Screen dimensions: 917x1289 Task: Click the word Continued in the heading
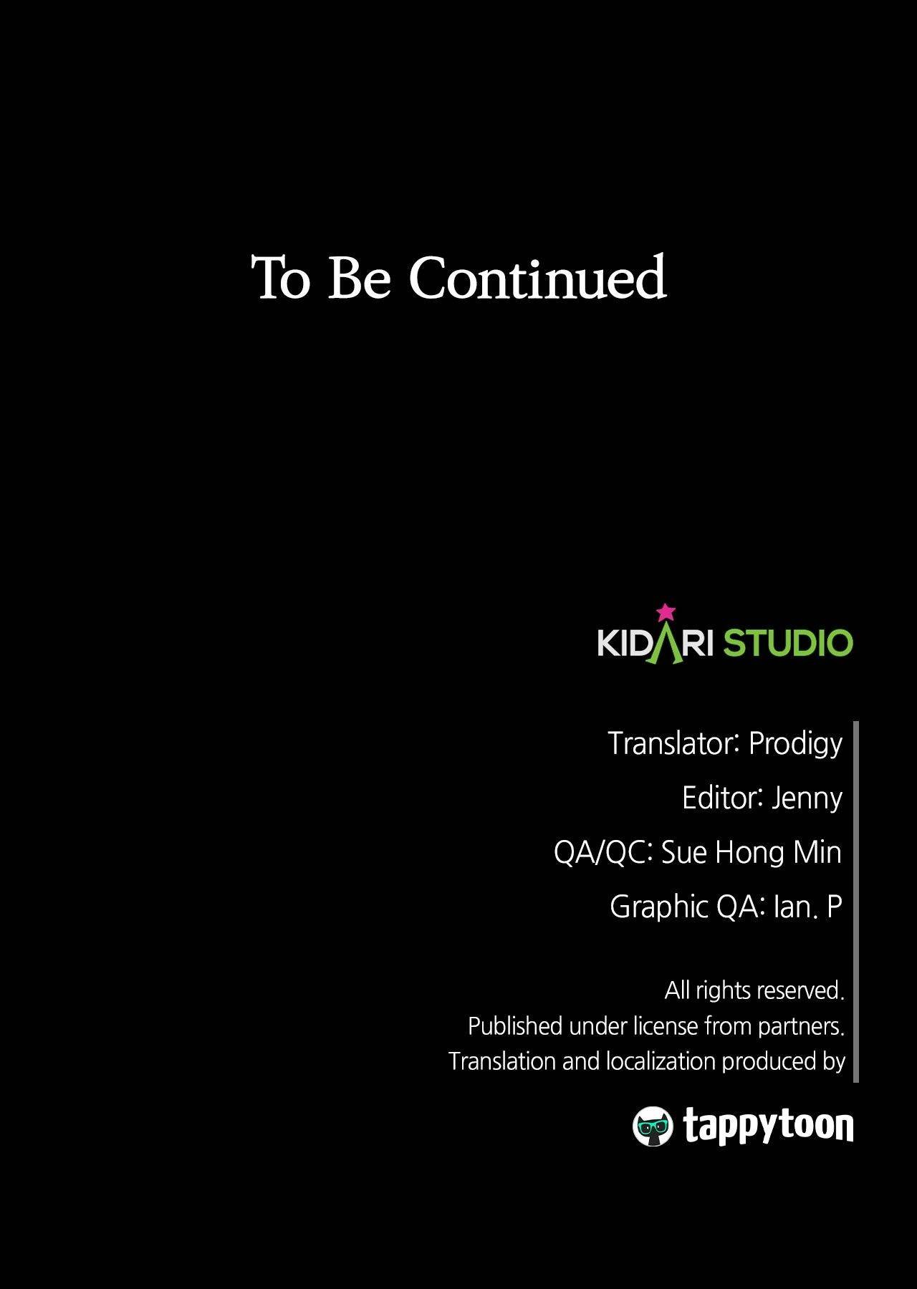(538, 277)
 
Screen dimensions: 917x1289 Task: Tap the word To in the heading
(281, 277)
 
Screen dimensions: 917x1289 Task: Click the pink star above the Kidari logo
(666, 612)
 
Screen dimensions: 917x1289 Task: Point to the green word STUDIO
(788, 642)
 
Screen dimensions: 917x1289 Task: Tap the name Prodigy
(795, 744)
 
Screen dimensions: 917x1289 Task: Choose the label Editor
(722, 797)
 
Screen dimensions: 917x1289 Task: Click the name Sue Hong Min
(751, 852)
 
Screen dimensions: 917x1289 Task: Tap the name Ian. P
(807, 907)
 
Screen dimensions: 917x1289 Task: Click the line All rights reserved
(754, 990)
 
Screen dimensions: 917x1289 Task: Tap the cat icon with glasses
(653, 1126)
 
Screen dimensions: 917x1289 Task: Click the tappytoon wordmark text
(769, 1126)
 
